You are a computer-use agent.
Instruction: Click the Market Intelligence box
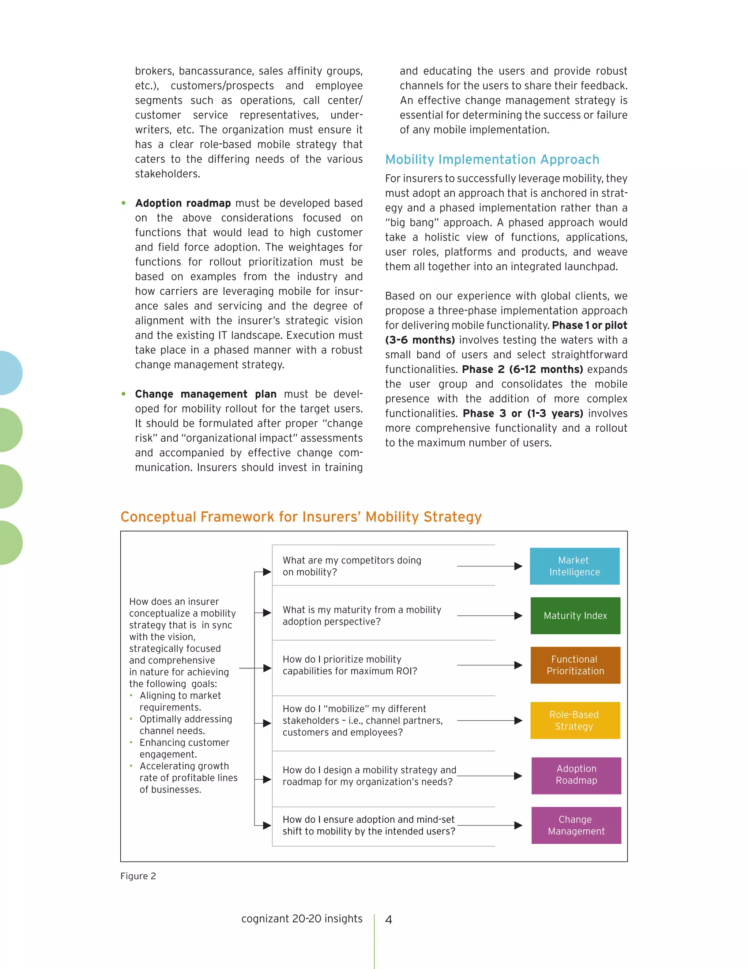point(574,566)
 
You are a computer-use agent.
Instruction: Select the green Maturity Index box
point(575,615)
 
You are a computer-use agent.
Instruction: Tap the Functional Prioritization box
point(575,665)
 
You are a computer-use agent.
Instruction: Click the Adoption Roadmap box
point(576,776)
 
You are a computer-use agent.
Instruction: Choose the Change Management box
point(576,825)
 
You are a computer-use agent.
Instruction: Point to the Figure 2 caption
point(138,876)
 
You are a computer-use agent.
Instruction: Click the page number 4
point(388,920)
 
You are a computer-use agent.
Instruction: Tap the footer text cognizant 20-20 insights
point(302,919)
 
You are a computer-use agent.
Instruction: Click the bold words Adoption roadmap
point(183,203)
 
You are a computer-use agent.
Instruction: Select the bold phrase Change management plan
point(206,394)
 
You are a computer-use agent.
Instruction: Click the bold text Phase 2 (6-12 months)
point(522,369)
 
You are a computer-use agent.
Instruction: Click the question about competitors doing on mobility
point(351,566)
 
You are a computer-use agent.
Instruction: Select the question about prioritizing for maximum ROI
point(350,665)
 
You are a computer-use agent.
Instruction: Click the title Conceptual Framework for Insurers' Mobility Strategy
point(301,517)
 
